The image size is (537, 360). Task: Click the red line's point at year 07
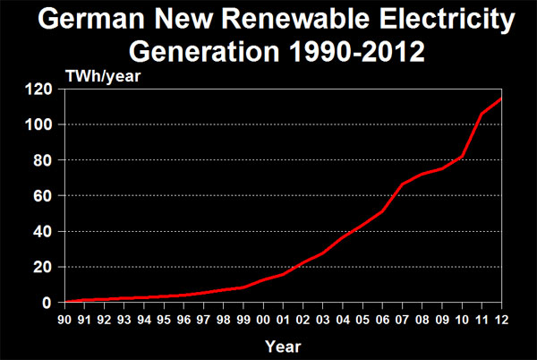402,184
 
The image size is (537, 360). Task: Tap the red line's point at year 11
481,115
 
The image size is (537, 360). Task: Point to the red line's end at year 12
500,99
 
